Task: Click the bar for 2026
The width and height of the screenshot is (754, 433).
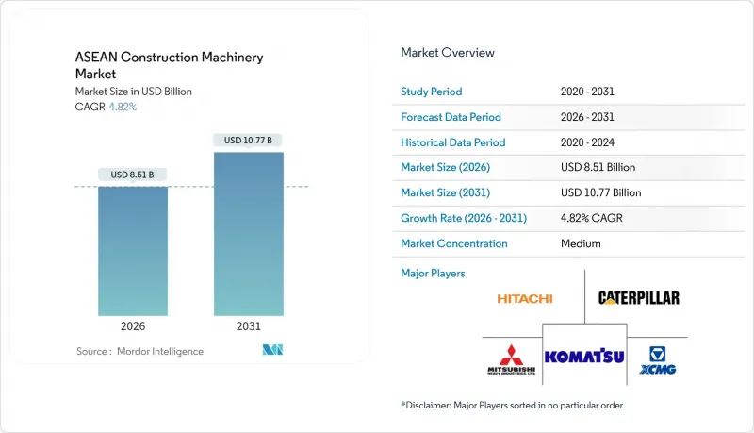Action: click(x=133, y=250)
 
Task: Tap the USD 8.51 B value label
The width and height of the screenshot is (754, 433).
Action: click(x=133, y=174)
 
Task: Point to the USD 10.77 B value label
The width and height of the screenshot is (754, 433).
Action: click(x=249, y=140)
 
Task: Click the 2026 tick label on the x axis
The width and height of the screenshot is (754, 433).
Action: click(x=133, y=326)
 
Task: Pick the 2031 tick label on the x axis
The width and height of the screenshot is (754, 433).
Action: click(x=249, y=326)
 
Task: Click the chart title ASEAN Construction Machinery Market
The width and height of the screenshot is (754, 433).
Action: click(x=169, y=65)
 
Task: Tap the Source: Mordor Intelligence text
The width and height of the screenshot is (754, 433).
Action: click(x=139, y=351)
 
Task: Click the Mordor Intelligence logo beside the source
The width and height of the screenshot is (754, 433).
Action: click(x=272, y=351)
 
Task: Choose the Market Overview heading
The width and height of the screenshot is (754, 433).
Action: click(x=447, y=53)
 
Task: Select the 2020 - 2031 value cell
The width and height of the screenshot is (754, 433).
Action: click(x=587, y=92)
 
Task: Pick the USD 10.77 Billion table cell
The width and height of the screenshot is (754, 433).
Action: click(x=600, y=192)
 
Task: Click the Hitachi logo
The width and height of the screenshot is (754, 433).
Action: click(x=525, y=298)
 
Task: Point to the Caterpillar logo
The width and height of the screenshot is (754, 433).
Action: click(x=638, y=298)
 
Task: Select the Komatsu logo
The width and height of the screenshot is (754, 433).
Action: click(x=584, y=356)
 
